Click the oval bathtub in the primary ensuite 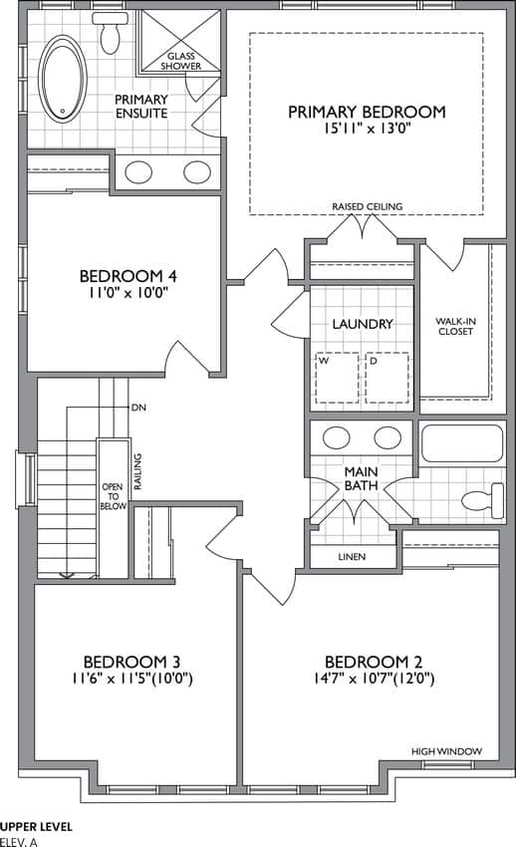point(63,79)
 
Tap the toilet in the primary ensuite point(111,33)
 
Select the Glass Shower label point(181,61)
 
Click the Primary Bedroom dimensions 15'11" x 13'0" point(367,130)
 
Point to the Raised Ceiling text point(367,206)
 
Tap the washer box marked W point(337,378)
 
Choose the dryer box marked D point(387,378)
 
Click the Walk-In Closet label point(455,326)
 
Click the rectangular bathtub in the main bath point(461,444)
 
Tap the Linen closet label point(352,556)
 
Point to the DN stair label point(138,408)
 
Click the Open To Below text point(114,496)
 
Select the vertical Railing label point(138,471)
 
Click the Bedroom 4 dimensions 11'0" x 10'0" point(128,293)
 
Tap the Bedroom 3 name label point(131,662)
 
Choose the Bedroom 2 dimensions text point(374,678)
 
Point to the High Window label point(447,751)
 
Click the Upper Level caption point(36,826)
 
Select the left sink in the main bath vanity point(338,437)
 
